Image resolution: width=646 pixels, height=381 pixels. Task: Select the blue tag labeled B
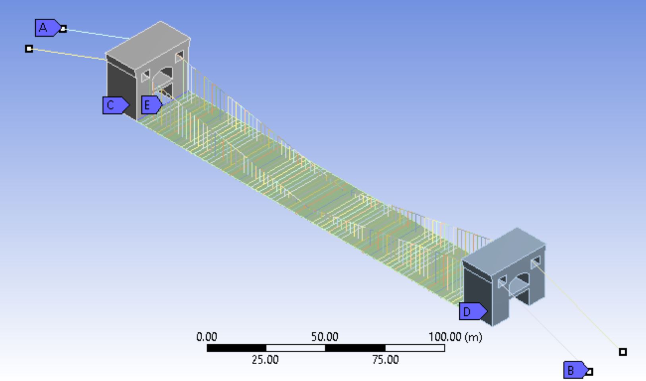coord(573,370)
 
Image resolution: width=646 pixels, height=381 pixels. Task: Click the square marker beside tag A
coord(63,29)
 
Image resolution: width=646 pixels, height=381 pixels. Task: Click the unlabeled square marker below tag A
coord(29,49)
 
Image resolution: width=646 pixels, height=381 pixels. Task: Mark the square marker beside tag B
coord(590,372)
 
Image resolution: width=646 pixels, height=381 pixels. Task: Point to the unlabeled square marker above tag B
coord(623,352)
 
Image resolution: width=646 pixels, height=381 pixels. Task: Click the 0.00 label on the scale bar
coord(207,337)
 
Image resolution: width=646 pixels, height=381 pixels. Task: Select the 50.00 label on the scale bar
coord(325,337)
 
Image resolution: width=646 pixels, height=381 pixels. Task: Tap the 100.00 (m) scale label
coord(455,337)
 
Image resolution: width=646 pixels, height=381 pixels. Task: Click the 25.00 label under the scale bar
coord(265,360)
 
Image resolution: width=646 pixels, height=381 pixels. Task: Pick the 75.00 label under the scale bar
coord(385,360)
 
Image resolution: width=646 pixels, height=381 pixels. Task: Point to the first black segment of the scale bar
coord(236,348)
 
